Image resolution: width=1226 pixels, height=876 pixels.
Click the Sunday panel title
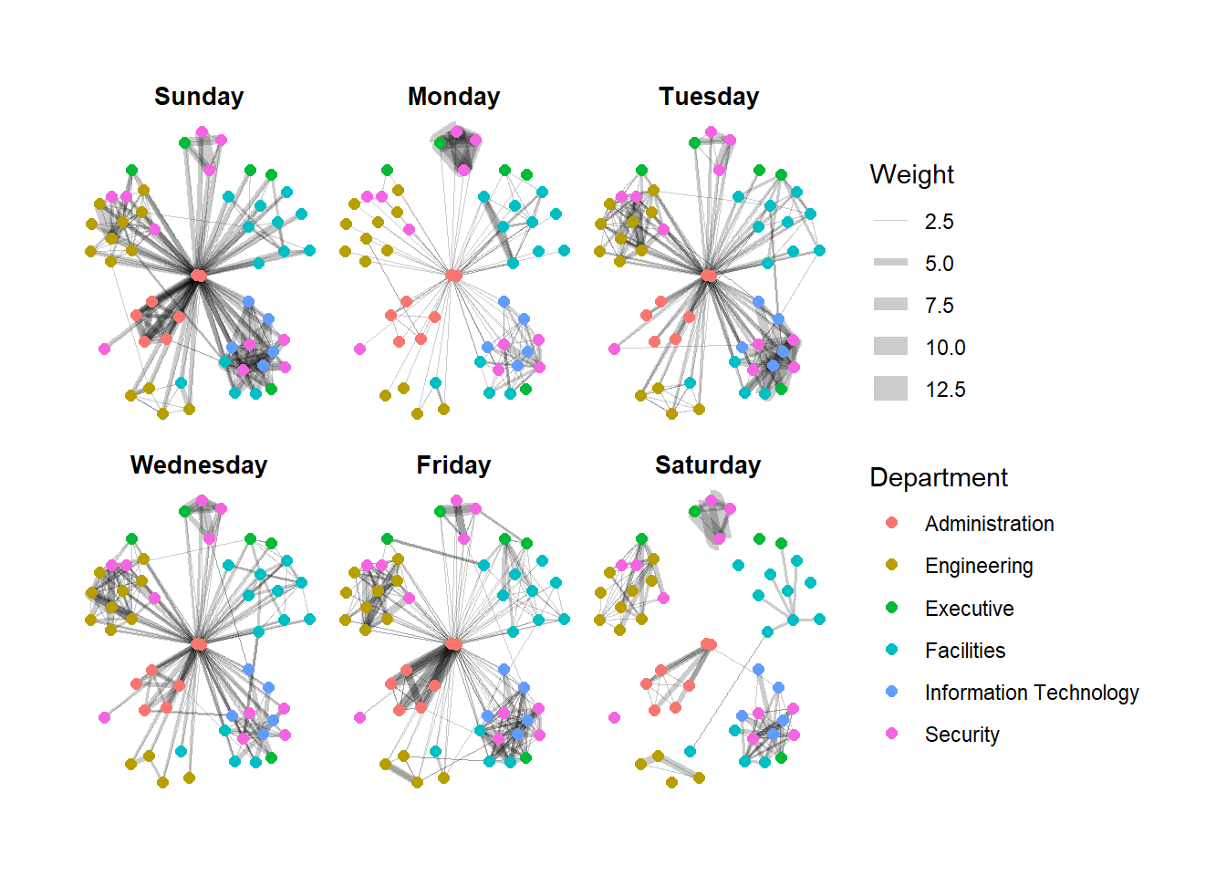click(x=199, y=97)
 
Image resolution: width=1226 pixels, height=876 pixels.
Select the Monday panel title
click(x=453, y=97)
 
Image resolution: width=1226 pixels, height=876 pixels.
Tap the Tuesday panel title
click(x=709, y=97)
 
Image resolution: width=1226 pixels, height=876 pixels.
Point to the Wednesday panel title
click(x=199, y=465)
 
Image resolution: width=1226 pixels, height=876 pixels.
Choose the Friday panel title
click(x=453, y=465)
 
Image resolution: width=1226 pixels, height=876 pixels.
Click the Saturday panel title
click(x=708, y=465)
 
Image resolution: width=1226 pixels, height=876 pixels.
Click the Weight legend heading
click(x=911, y=174)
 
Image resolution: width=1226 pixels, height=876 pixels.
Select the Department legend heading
click(x=939, y=477)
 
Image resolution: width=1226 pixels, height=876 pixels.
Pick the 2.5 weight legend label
click(x=939, y=222)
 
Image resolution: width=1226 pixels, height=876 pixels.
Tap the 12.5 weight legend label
click(x=945, y=390)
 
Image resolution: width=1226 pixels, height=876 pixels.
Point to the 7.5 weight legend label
click(x=939, y=306)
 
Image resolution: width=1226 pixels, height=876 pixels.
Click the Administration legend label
click(x=989, y=524)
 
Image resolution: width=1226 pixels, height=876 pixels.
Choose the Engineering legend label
click(x=979, y=566)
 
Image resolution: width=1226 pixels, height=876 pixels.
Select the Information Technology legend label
click(x=1031, y=693)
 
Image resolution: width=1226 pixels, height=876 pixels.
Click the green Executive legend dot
click(x=891, y=608)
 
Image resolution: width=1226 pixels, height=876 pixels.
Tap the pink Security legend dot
click(x=891, y=734)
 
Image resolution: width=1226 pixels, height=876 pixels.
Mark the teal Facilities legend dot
click(x=891, y=650)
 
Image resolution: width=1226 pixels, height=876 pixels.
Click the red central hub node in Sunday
click(x=198, y=275)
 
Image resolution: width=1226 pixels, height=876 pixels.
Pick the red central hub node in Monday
click(x=453, y=275)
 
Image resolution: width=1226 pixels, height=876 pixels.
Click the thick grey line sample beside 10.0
click(x=890, y=347)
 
